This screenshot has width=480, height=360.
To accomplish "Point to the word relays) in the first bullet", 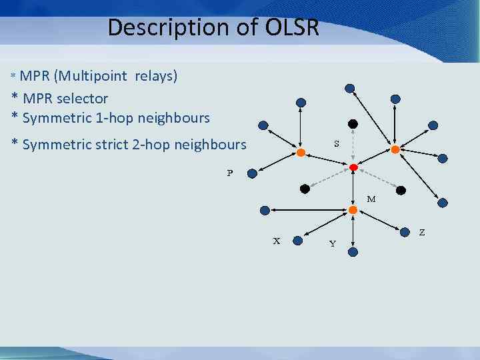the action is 156,75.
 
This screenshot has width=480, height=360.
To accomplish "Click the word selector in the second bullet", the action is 82,99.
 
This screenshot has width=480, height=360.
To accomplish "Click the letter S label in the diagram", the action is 337,143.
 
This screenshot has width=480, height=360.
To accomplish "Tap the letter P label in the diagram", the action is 230,173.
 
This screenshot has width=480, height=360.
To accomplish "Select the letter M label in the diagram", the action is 371,199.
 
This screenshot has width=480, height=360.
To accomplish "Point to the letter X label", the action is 277,241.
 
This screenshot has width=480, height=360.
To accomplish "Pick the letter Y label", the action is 332,243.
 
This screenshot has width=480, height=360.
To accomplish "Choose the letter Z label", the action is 421,233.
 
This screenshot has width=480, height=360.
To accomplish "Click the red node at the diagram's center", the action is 353,167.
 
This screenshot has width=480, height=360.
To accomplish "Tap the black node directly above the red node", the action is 353,124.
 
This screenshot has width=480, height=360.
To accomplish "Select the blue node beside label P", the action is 251,173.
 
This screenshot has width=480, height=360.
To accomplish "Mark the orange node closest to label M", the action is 353,210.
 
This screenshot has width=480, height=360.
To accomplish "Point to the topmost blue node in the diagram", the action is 349,87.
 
